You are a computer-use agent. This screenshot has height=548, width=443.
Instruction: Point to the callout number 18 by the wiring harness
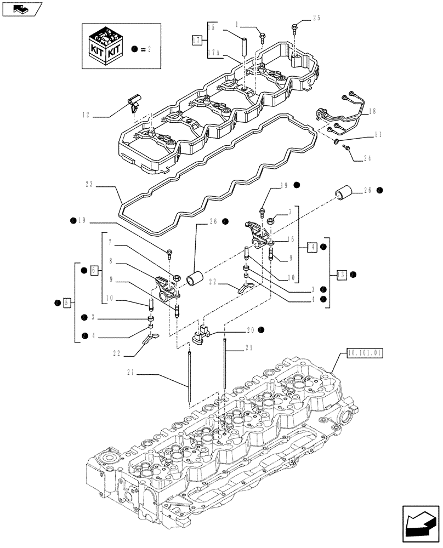[x=373, y=112]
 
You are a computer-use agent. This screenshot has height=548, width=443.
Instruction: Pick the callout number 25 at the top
[x=316, y=18]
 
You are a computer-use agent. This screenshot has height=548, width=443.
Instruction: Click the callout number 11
[x=378, y=134]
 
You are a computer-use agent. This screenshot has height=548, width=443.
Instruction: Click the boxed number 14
[x=312, y=247]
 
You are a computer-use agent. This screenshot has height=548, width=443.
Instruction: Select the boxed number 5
[x=67, y=302]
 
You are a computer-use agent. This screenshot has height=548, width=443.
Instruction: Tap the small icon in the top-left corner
[x=21, y=9]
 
